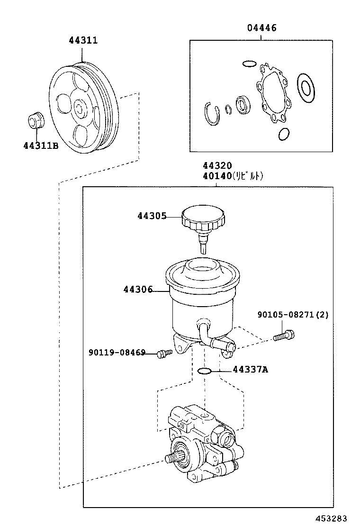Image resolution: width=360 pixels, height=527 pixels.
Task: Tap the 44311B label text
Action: (40, 146)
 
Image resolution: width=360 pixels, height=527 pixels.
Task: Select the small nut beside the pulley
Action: (35, 119)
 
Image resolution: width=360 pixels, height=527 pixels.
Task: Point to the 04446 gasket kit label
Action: (261, 28)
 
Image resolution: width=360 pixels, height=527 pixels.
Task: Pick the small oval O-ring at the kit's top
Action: (249, 63)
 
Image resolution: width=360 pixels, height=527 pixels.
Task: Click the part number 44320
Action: (217, 166)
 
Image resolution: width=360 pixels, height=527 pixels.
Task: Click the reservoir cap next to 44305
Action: (204, 219)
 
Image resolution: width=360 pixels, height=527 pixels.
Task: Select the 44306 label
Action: (138, 289)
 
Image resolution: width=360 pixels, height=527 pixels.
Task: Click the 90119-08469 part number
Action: (117, 353)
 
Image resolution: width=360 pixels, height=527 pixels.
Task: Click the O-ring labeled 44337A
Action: (204, 371)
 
